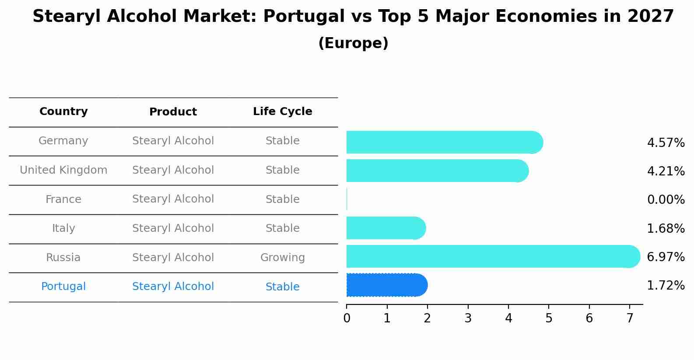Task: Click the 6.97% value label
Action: click(666, 257)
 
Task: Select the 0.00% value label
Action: click(666, 200)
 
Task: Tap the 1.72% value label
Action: click(666, 286)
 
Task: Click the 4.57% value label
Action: click(666, 143)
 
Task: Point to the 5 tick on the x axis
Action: click(549, 318)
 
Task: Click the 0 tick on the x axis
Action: click(347, 318)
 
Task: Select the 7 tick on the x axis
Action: click(630, 318)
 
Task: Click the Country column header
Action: click(63, 112)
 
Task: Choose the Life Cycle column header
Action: click(282, 112)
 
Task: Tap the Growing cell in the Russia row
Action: click(282, 258)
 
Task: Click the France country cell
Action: click(63, 199)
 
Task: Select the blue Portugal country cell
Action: click(63, 287)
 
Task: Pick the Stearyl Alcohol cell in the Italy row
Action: click(173, 228)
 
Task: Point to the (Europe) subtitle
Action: click(353, 43)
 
